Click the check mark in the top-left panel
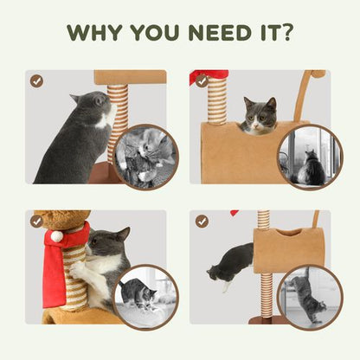click(36, 80)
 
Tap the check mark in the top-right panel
click(202, 80)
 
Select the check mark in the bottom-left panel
click(36, 222)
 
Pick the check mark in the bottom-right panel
click(202, 222)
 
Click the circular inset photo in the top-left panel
click(145, 157)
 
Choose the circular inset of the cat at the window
click(310, 157)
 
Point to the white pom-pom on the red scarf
click(56, 235)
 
